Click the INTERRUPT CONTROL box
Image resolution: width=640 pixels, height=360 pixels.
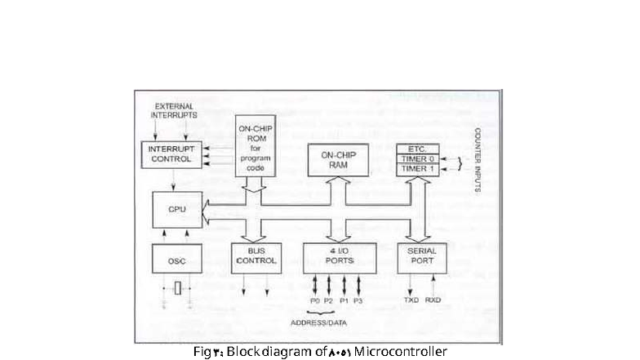(171, 154)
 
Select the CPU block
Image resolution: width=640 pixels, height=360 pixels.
(177, 210)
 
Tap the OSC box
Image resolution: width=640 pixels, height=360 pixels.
(177, 260)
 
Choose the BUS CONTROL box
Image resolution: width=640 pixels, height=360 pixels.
(256, 257)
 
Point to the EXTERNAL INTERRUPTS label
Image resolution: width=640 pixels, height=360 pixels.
(174, 111)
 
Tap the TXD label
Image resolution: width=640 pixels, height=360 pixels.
(410, 300)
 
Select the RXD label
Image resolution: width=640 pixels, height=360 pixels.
(433, 300)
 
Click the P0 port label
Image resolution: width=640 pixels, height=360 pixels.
(315, 301)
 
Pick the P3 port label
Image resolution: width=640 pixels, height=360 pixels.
(358, 301)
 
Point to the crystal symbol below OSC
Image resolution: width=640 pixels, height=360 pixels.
(177, 287)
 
